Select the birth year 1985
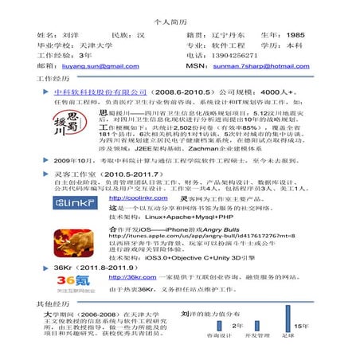(x=295, y=35)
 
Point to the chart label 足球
(x=287, y=336)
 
